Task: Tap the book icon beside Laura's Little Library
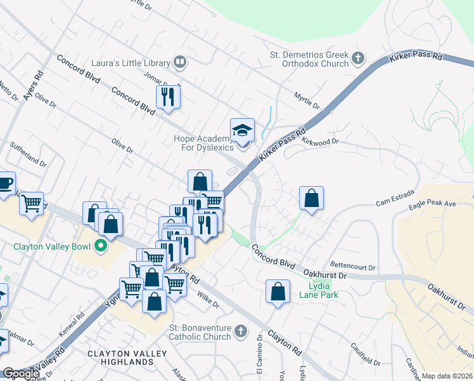(x=180, y=62)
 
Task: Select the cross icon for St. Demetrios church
(x=358, y=58)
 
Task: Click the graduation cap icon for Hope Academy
(x=242, y=130)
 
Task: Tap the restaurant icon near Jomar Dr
(x=169, y=97)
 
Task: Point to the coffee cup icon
(x=5, y=183)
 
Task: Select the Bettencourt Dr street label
(x=354, y=266)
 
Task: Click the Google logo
(x=21, y=374)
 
